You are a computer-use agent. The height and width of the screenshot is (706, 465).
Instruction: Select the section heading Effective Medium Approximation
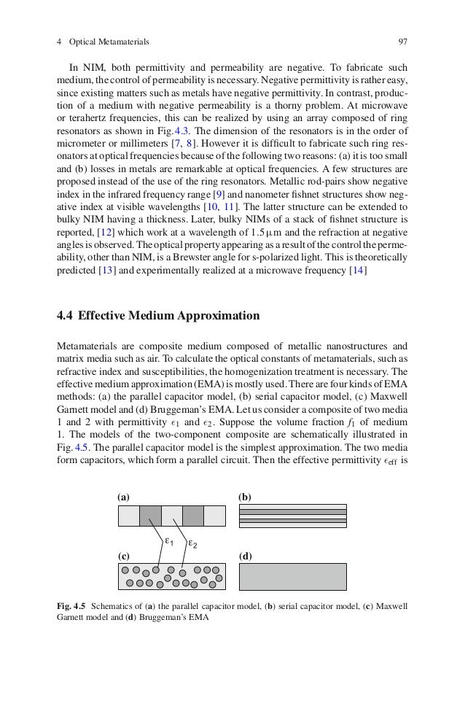(168, 317)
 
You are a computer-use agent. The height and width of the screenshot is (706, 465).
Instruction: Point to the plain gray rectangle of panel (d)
(293, 576)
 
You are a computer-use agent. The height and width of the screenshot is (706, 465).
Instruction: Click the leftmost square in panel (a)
(128, 516)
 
